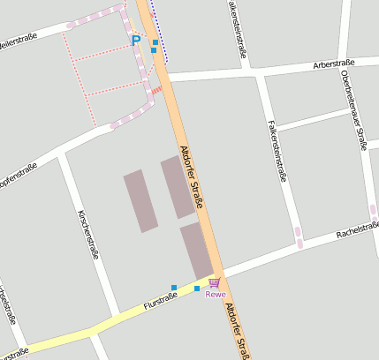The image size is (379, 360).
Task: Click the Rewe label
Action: tap(216, 295)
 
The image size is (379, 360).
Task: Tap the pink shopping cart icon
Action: tap(215, 282)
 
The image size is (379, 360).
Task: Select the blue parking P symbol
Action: tap(136, 40)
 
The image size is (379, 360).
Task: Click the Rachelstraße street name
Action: tap(357, 230)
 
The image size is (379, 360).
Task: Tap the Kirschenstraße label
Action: tap(87, 235)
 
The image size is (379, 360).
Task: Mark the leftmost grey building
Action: tap(140, 201)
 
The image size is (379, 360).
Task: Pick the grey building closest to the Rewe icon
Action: tap(196, 250)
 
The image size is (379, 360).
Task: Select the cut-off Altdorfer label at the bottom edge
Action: tap(237, 331)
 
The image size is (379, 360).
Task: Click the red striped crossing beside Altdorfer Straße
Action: tap(156, 89)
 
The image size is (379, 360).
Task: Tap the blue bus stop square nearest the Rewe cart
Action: tap(196, 289)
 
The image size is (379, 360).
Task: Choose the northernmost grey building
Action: tap(178, 186)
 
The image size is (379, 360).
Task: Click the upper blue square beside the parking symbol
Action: tap(155, 41)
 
